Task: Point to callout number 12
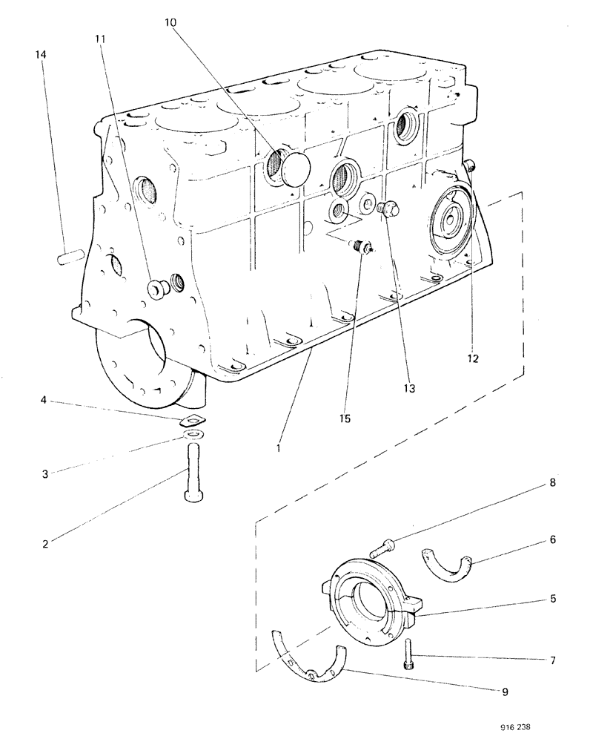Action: point(473,358)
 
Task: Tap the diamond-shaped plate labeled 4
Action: point(192,419)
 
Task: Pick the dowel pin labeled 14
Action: point(69,257)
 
